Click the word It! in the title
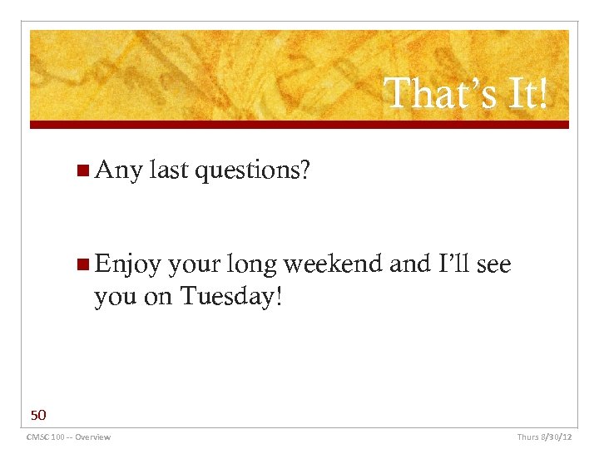(523, 93)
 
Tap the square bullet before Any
(82, 171)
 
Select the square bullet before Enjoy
(82, 265)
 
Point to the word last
(169, 170)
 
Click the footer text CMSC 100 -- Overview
(68, 437)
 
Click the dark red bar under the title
(299, 125)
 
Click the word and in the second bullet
(409, 264)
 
